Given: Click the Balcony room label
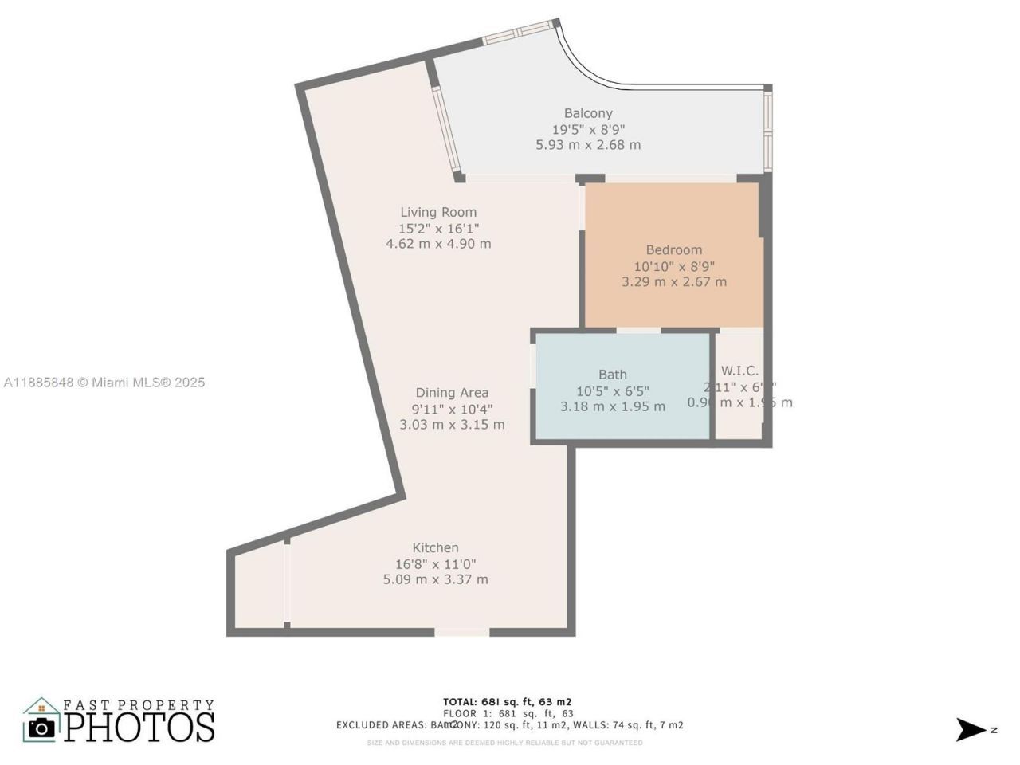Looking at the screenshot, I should point(588,113).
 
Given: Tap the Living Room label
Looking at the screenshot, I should point(438,212).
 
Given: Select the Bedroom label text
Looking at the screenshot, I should point(673,249).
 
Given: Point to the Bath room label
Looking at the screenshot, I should point(612,375).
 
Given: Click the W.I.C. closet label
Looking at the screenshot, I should point(739,371).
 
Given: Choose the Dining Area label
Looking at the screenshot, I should point(452,393).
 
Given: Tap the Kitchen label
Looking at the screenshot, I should point(435,547).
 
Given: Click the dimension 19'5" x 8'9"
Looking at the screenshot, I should point(588,129).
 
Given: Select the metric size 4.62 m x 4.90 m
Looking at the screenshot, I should point(438,244).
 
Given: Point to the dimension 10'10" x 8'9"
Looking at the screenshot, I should point(673,265).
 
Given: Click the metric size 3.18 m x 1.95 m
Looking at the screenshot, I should point(612,406).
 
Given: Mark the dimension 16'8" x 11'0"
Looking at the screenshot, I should point(435,563).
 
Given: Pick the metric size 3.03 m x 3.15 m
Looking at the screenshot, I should point(452,425).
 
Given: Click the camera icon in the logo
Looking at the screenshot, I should point(41,727).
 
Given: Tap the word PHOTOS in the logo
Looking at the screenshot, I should point(139,727).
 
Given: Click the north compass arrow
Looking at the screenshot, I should point(971,729).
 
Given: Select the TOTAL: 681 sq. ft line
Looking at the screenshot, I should point(507,702).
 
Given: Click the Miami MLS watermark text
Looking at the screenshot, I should point(104,382).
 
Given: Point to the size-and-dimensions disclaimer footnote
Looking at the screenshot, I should point(504,743).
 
